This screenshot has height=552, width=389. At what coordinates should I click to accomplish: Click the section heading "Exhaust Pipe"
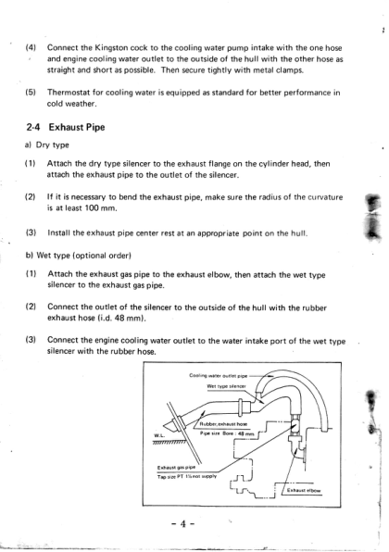(x=77, y=127)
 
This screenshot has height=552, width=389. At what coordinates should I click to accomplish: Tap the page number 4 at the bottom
(x=183, y=524)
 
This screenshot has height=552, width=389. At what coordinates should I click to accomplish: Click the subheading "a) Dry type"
(x=47, y=145)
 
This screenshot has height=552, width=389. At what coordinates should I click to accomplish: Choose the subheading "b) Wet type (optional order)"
(x=79, y=256)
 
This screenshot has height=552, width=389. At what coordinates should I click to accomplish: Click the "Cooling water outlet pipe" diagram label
(x=219, y=375)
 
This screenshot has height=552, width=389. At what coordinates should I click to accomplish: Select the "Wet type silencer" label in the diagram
(x=226, y=386)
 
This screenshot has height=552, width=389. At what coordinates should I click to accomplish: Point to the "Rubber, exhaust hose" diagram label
(x=223, y=424)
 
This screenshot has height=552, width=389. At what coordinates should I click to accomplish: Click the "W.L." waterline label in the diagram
(x=158, y=436)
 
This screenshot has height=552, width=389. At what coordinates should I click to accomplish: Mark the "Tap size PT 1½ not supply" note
(x=187, y=477)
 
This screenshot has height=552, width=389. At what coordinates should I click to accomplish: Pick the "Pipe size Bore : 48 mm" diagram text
(x=227, y=433)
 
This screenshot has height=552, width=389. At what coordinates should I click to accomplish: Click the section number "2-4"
(x=33, y=127)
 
